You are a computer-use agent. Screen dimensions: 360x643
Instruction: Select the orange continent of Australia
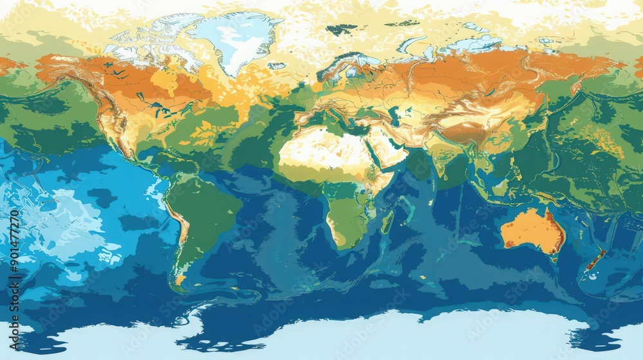pos(532,230)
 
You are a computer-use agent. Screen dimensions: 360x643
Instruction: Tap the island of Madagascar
pos(387,222)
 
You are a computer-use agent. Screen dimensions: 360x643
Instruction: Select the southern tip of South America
pos(179,283)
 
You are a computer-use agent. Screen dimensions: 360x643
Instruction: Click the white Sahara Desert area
pos(315,148)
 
